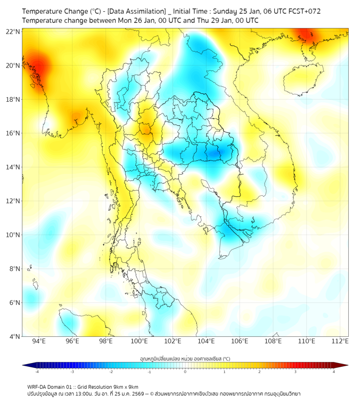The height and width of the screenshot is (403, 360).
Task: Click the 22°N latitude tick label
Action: pyautogui.click(x=13, y=32)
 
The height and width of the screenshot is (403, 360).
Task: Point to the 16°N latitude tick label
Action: pyautogui.click(x=13, y=133)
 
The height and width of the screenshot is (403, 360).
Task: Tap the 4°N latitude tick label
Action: pyautogui.click(x=15, y=336)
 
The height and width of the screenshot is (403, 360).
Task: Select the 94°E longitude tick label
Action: pyautogui.click(x=39, y=342)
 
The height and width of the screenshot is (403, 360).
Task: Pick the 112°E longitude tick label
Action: pyautogui.click(x=340, y=342)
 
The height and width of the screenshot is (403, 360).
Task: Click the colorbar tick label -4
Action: pyautogui.click(x=37, y=372)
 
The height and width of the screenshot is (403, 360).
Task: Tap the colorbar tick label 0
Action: pyautogui.click(x=185, y=372)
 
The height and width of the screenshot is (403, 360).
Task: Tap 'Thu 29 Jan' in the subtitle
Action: pyautogui.click(x=201, y=20)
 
